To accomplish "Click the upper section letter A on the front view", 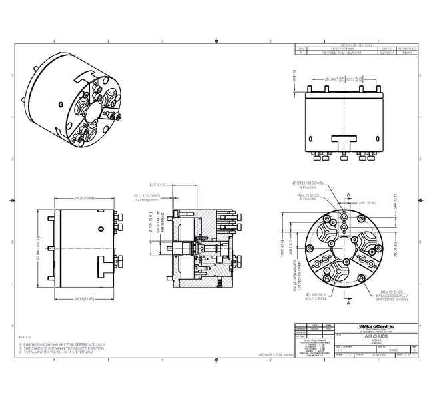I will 348,195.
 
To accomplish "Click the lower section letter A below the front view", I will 348,304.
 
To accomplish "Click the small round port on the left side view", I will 100,230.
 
